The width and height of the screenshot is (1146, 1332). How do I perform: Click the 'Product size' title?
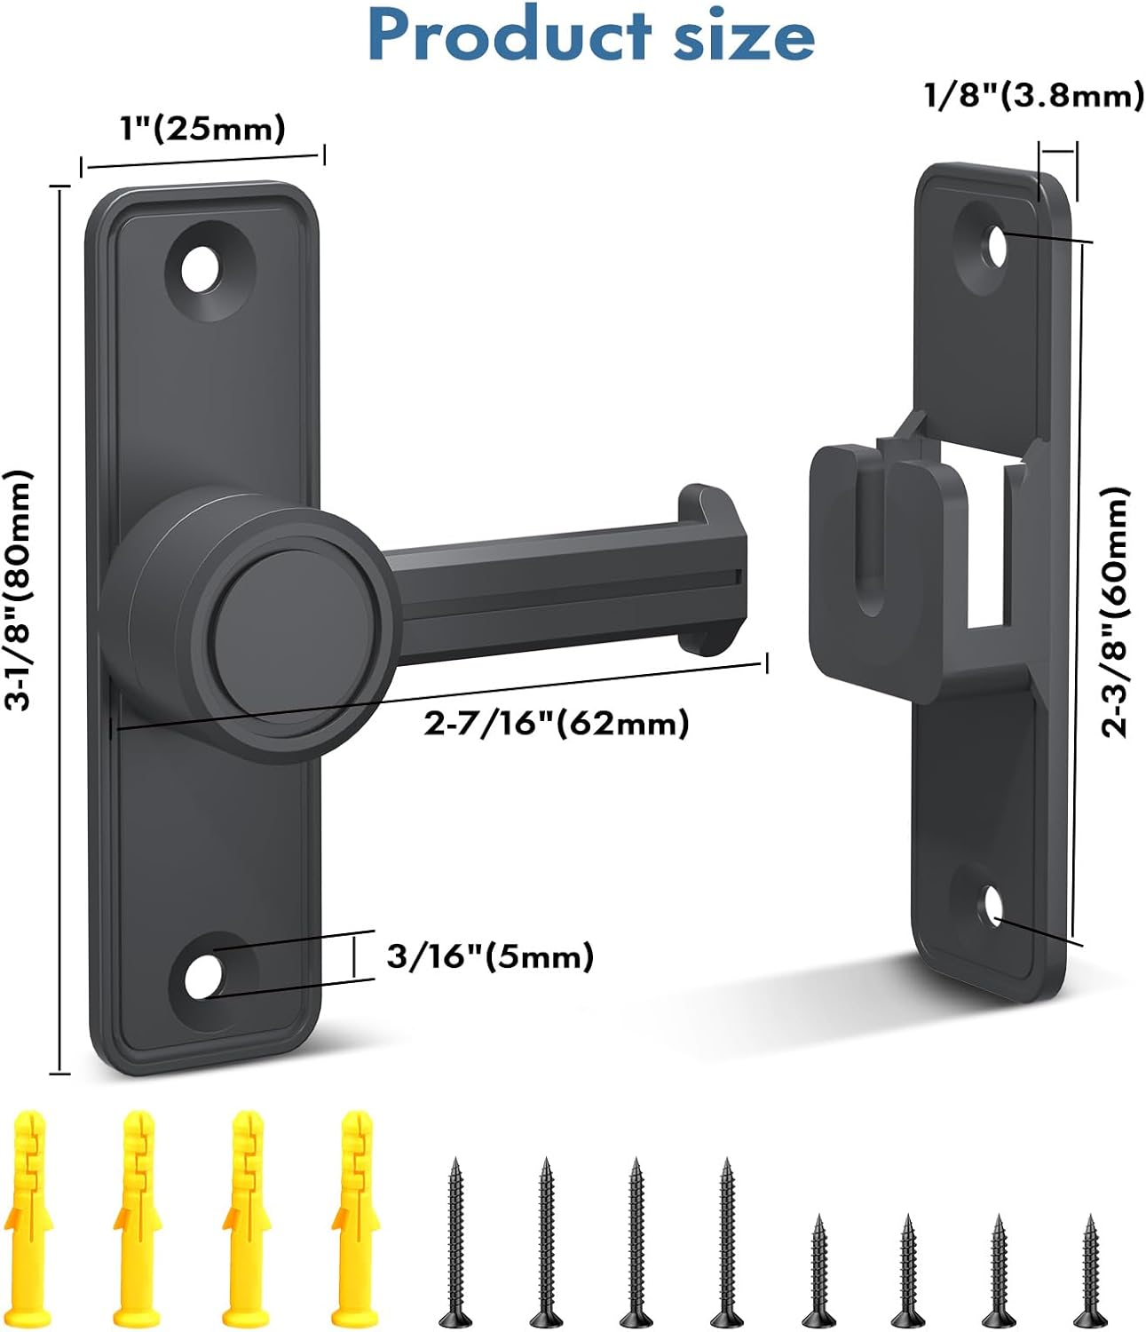pos(590,36)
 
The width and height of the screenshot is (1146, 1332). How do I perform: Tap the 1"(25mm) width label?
pos(202,129)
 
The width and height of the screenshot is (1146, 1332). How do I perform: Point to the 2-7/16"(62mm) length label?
pos(557,724)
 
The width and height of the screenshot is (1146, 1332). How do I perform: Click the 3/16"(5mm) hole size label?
pos(490,956)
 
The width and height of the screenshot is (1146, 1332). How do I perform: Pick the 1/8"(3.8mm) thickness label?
pos(1034,95)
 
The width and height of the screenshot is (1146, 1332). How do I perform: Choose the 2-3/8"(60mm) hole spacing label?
pos(1115,613)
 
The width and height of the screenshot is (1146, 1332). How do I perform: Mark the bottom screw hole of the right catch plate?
pos(992,906)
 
